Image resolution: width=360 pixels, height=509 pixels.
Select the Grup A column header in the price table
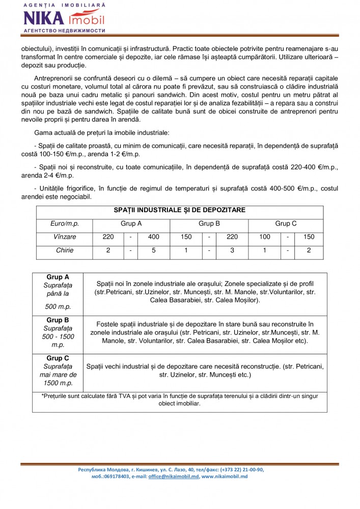[131, 223]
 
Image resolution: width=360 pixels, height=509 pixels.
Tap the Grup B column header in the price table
[209, 223]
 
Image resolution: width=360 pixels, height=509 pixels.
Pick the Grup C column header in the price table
[286, 223]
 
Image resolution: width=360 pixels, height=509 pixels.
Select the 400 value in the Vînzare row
[154, 237]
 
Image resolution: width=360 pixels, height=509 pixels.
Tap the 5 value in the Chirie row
[154, 250]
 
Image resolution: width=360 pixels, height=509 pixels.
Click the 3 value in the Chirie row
[232, 250]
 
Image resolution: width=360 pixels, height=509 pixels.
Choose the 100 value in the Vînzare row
[264, 237]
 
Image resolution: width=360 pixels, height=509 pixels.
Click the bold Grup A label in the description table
[58, 277]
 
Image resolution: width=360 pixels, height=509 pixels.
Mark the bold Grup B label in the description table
[58, 320]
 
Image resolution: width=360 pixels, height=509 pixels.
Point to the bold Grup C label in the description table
[58, 358]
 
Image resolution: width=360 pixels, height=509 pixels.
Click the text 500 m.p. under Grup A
[58, 307]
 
